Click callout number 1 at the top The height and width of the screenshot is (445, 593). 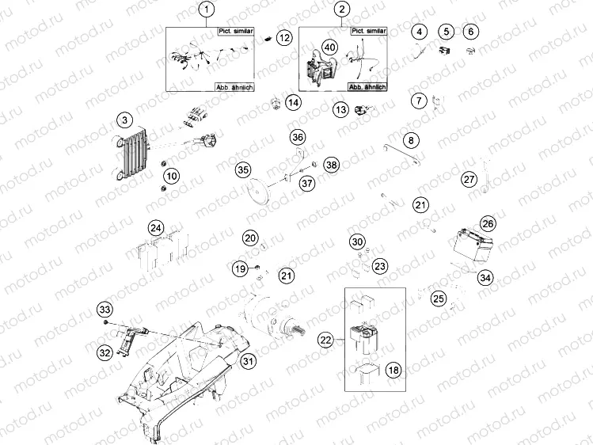coord(207,10)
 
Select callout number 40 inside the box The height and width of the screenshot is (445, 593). coord(330,48)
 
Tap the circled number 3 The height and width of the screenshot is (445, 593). coord(124,120)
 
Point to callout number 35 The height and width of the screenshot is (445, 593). coord(243,169)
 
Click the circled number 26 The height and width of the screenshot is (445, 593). coord(488,224)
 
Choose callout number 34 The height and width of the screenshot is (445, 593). coord(485,278)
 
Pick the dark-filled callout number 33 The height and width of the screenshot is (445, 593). coord(105,309)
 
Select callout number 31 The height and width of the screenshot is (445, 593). coord(249,362)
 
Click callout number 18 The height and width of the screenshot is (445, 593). coord(393,370)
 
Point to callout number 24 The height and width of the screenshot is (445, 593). coord(157,229)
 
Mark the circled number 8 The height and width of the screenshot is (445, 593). coord(410,140)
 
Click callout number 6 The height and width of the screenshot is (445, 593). coord(472,32)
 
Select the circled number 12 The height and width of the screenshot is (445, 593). coord(284,37)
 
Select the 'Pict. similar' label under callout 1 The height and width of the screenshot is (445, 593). coord(234,29)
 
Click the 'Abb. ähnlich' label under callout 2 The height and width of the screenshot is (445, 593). coord(367,86)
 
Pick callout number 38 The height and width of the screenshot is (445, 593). coord(331,165)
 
